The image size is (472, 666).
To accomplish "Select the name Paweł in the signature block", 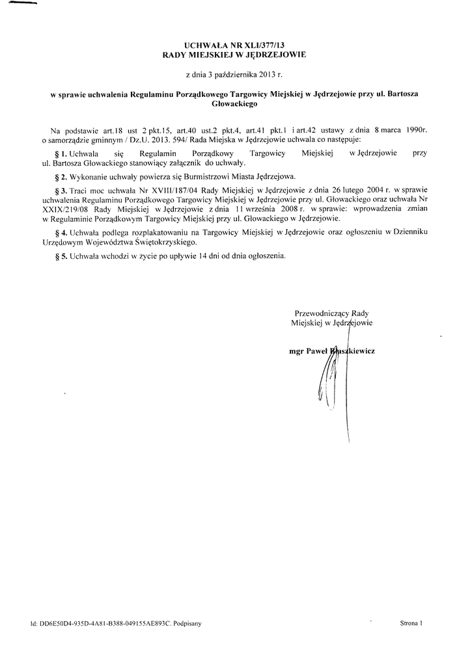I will click(318, 351).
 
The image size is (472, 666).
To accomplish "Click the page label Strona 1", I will click(411, 623).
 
